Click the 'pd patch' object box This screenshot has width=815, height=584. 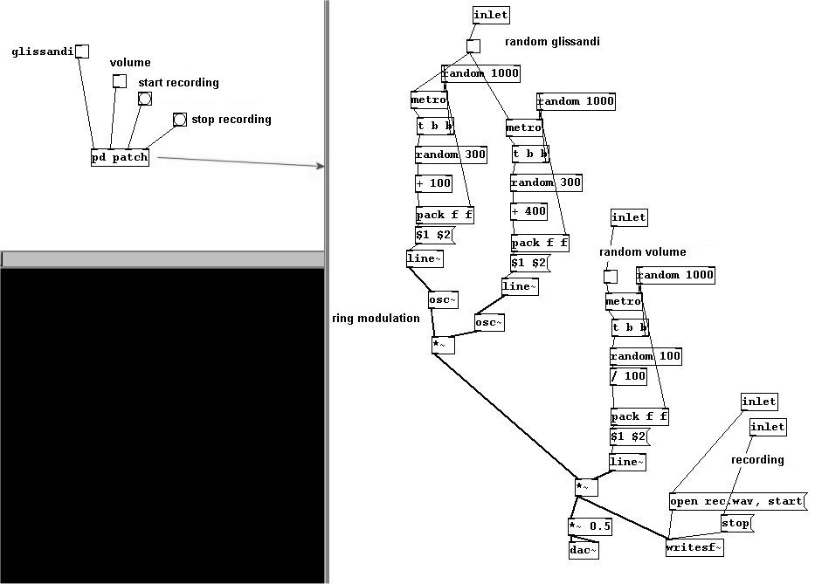(x=120, y=157)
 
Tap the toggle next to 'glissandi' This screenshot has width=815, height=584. (x=82, y=52)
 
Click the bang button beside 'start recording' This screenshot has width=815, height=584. (x=145, y=99)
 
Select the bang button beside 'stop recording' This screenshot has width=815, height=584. (x=180, y=120)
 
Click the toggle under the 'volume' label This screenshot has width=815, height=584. (x=120, y=81)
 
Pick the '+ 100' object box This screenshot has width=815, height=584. (x=433, y=183)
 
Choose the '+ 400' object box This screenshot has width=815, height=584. (x=528, y=211)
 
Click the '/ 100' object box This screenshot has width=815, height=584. (x=628, y=376)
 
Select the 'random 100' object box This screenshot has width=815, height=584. (x=646, y=356)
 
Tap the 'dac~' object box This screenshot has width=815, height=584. (x=584, y=550)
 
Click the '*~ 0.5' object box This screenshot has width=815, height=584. (x=590, y=526)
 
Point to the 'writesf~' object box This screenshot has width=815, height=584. (x=694, y=547)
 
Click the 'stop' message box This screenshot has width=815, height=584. (x=736, y=523)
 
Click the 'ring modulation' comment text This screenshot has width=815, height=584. (x=376, y=319)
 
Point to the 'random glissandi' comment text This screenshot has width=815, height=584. (x=553, y=42)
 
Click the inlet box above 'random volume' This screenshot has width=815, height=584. (x=629, y=217)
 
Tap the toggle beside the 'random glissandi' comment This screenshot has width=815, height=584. (x=473, y=46)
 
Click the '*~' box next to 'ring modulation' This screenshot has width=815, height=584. (x=444, y=346)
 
